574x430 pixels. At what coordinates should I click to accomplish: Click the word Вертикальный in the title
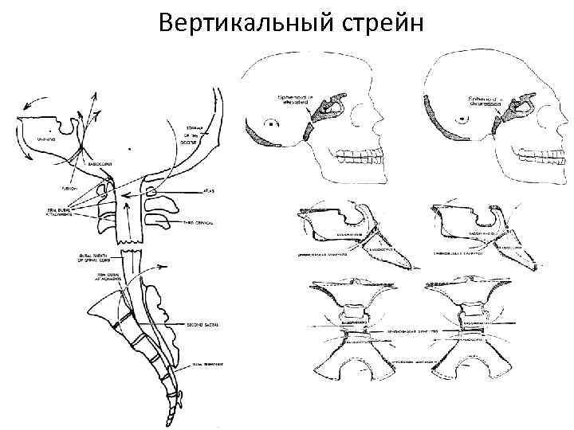click(x=238, y=22)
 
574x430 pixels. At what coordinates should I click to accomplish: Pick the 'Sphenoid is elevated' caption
click(x=296, y=101)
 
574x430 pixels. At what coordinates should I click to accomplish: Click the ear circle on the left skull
click(x=273, y=124)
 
